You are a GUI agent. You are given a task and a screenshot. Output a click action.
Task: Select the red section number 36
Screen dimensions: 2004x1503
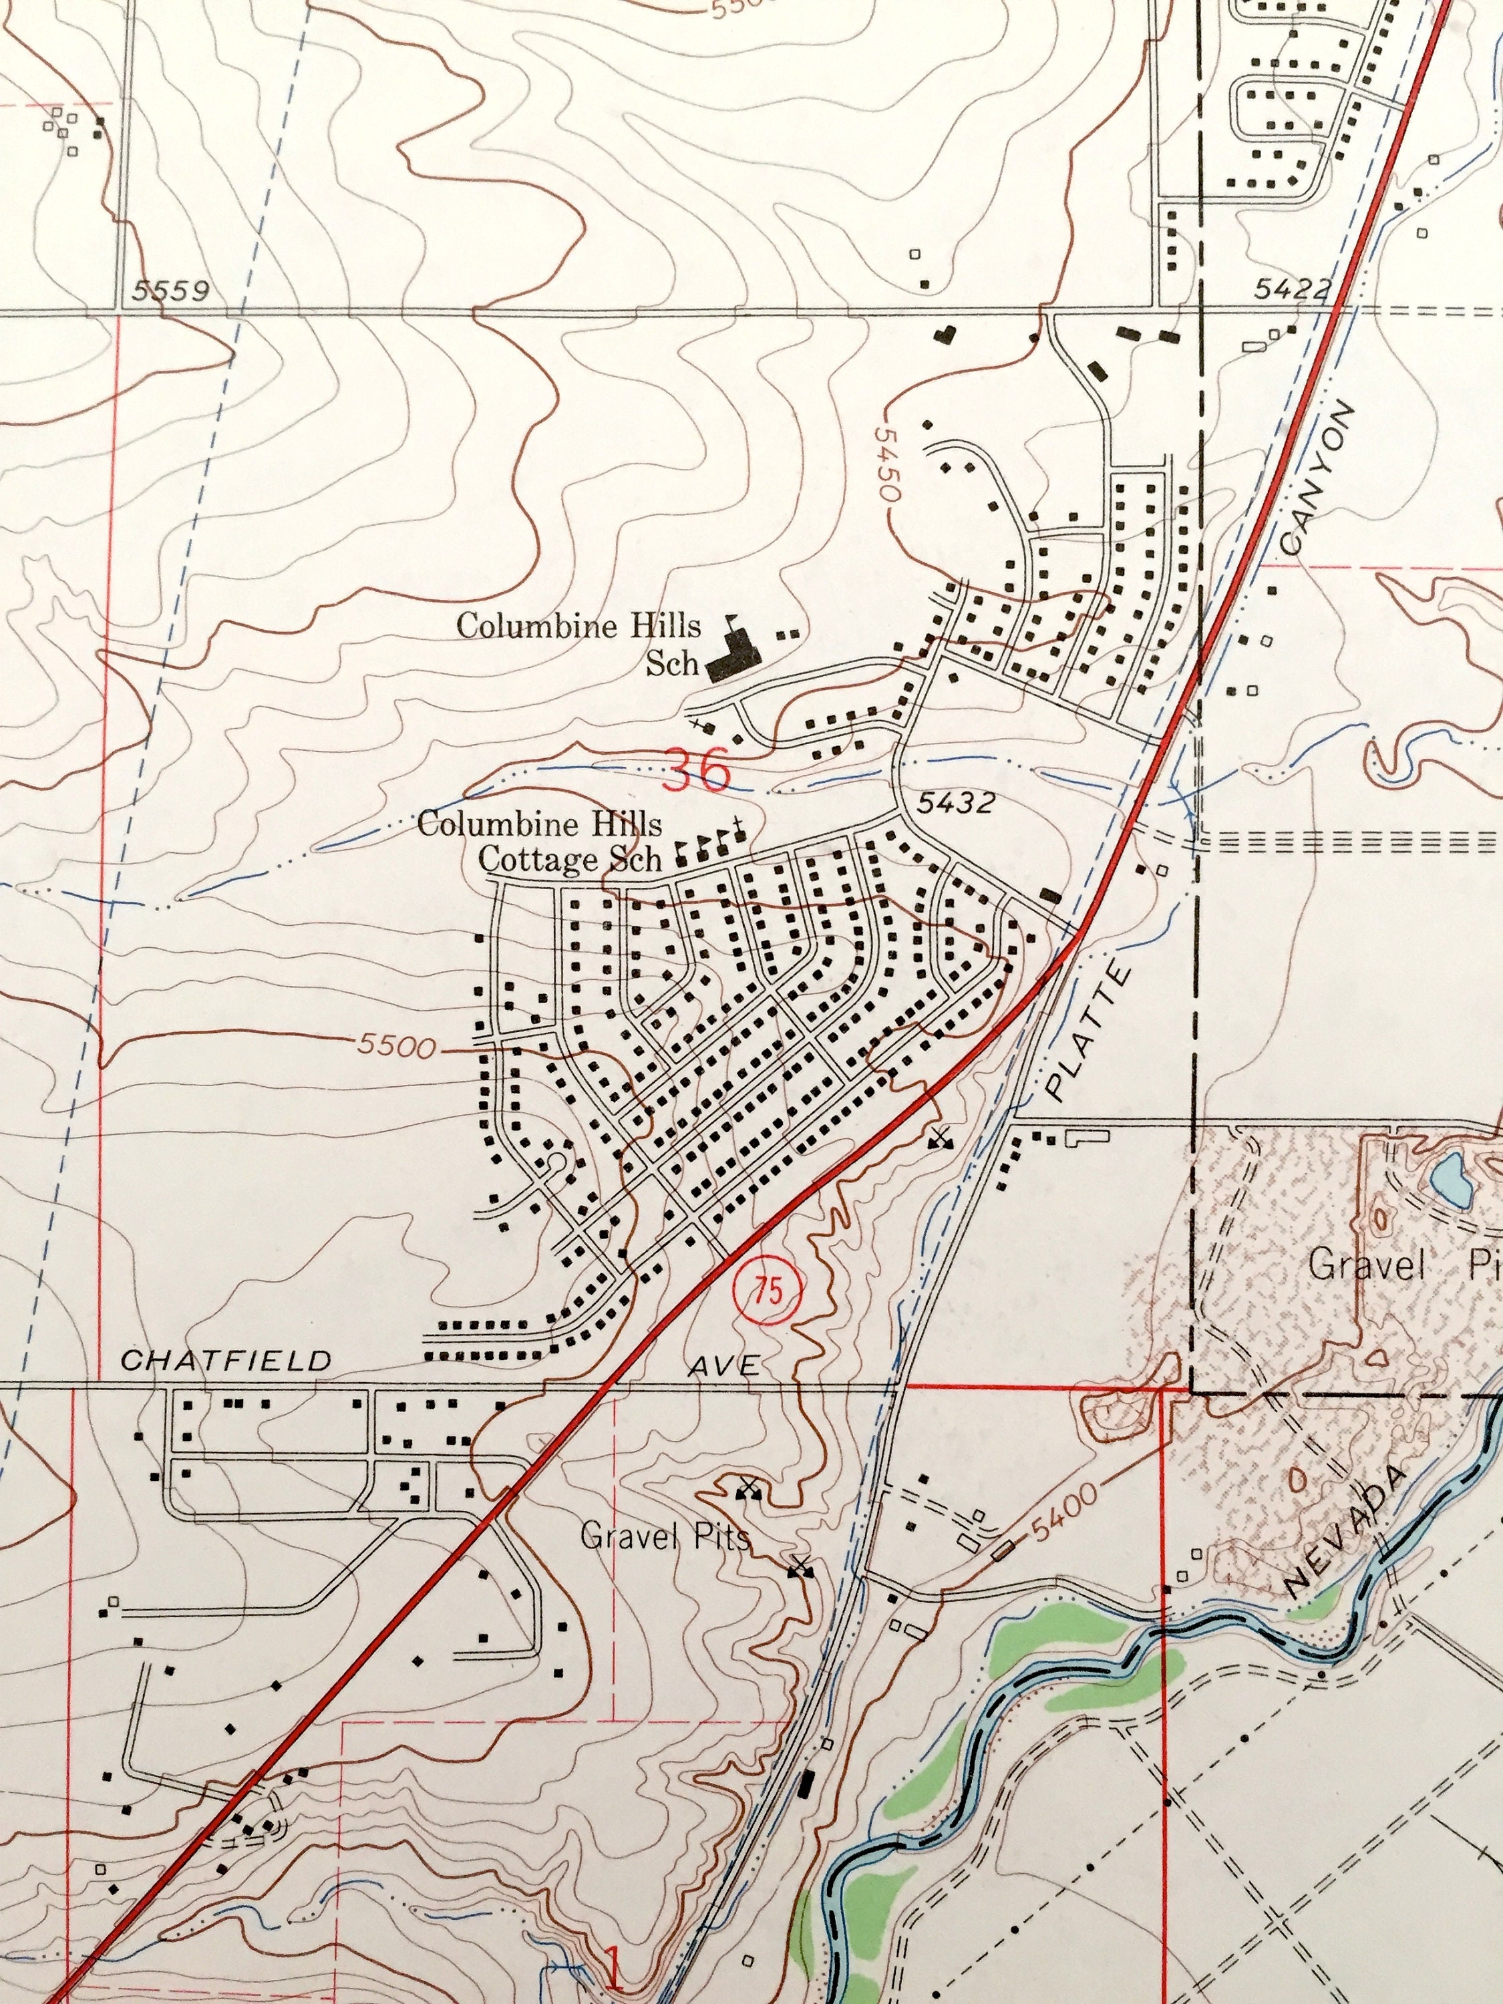[696, 771]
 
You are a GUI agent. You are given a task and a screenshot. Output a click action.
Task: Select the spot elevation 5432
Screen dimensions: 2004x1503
[955, 802]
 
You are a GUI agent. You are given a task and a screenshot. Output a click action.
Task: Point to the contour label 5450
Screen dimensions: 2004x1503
[886, 465]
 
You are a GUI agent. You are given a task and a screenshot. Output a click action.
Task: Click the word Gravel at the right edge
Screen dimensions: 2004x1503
[1368, 1265]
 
